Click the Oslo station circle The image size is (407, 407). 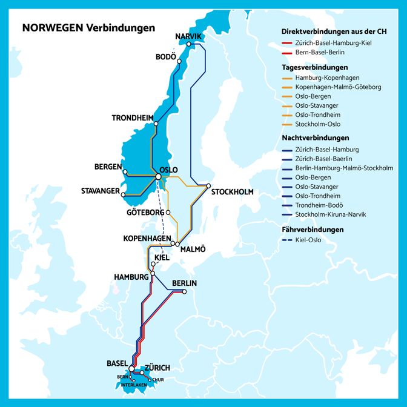tap(159, 177)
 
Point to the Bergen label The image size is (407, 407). tap(108, 167)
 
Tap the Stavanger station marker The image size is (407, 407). tap(123, 195)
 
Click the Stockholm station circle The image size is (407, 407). tap(208, 185)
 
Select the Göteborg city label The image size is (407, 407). tap(145, 213)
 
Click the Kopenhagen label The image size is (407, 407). tap(146, 238)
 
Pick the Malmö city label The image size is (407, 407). tap(193, 249)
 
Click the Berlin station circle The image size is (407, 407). tap(185, 293)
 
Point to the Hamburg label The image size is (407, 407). tap(131, 277)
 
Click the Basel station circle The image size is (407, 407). tap(131, 368)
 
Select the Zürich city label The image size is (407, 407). tap(157, 368)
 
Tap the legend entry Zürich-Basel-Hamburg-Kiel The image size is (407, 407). tap(334, 44)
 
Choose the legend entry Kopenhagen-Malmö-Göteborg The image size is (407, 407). tap(338, 87)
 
